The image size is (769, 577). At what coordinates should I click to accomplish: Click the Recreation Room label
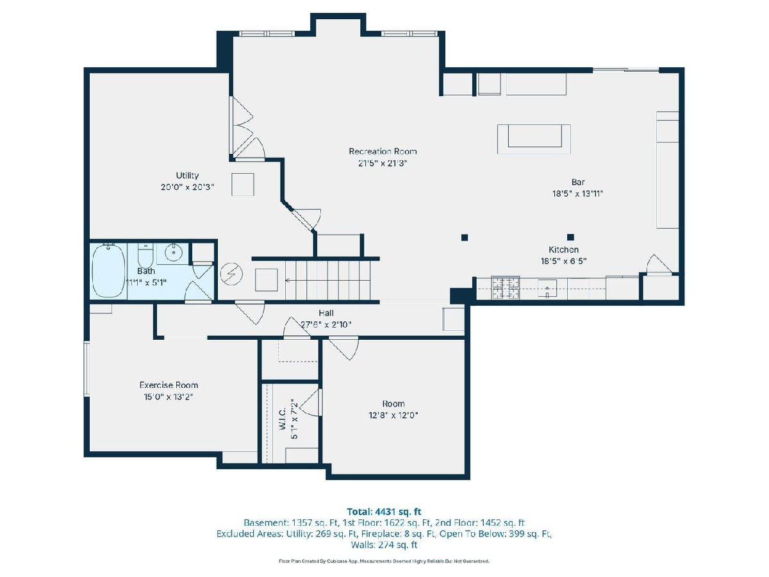383,151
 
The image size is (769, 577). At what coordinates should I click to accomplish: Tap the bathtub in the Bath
108,271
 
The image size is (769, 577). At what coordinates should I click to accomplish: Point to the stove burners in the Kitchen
505,288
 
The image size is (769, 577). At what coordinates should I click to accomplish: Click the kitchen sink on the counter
547,288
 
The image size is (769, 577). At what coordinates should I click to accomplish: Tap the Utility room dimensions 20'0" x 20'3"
187,187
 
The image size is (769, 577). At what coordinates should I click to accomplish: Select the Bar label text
578,182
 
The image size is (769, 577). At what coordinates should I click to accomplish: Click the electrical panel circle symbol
231,274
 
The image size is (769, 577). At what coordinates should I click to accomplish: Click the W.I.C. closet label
283,418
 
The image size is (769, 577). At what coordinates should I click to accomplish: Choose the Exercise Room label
169,385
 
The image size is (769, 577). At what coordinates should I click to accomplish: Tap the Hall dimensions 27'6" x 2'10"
326,325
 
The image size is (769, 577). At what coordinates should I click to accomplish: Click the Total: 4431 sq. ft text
384,512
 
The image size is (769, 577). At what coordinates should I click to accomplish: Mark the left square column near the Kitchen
465,237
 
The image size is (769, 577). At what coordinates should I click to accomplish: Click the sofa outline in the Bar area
534,139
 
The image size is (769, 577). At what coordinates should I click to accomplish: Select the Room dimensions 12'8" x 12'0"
393,415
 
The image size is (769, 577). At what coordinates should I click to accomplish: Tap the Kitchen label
563,250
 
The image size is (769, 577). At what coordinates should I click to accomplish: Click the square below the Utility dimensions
242,184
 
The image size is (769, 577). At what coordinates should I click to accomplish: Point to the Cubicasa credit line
384,561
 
